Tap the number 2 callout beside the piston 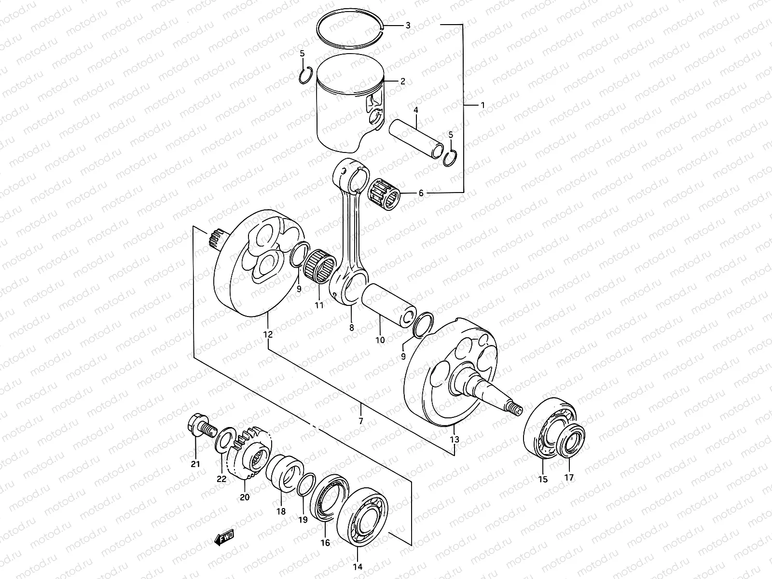[402, 82]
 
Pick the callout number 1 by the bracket [482, 105]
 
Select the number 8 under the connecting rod [351, 328]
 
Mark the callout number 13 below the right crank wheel [455, 440]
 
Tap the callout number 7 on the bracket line [360, 421]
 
